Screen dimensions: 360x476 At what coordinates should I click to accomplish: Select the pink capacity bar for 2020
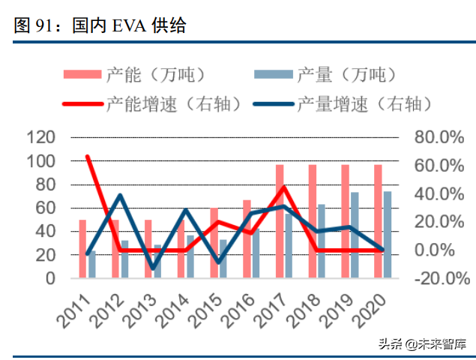(378, 221)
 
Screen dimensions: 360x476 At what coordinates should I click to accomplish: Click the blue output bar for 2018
(322, 241)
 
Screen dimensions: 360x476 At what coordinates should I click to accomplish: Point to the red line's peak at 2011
(88, 157)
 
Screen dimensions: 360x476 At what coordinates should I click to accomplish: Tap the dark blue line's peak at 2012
(121, 195)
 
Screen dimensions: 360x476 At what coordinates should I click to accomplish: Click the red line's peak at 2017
(284, 187)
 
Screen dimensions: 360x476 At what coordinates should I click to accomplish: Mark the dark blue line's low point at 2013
(153, 268)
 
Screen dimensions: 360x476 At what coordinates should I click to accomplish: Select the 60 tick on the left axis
(45, 208)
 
